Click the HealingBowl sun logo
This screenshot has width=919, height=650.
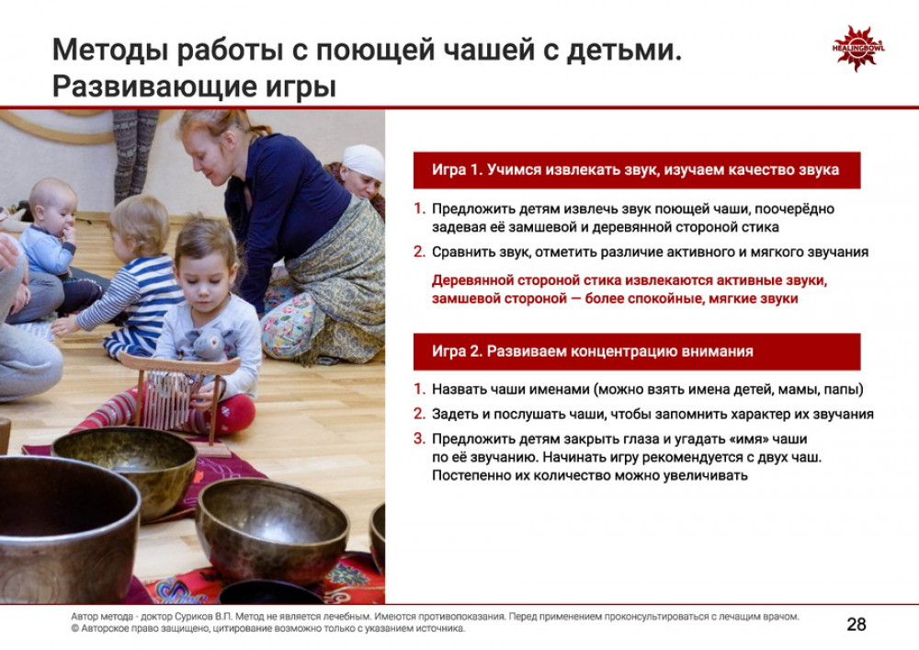coord(858,48)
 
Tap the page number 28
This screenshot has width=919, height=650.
coord(857,624)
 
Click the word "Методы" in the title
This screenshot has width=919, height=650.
coord(109,50)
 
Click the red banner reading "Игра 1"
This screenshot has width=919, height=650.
coord(637,170)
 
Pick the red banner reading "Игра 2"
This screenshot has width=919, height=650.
coord(637,352)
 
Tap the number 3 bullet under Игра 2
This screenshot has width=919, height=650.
coord(418,439)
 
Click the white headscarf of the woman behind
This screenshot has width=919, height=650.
coord(363,161)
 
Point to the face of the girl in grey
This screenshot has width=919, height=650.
coord(205,281)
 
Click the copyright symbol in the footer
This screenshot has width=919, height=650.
coord(74,629)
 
